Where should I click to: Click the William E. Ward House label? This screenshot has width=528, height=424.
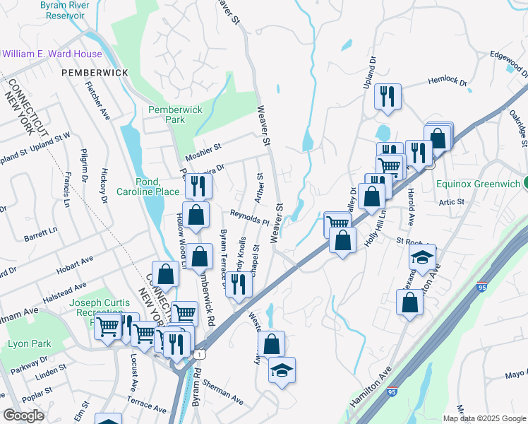coord(52,54)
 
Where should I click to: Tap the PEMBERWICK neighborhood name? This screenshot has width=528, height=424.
coord(94,73)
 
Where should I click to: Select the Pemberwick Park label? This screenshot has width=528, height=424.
coord(175,115)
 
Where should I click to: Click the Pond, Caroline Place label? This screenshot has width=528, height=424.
coord(148,187)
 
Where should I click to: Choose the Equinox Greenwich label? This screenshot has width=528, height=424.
coord(477,183)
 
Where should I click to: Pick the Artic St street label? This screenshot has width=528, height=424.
coord(450,202)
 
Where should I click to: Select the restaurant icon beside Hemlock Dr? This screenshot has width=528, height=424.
coord(387,96)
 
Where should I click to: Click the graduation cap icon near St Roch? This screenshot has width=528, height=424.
coord(422,257)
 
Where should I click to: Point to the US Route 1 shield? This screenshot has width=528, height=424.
coord(202,353)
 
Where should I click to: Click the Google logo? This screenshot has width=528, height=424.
coord(24,416)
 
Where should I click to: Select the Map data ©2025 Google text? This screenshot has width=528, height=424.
coord(484,418)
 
